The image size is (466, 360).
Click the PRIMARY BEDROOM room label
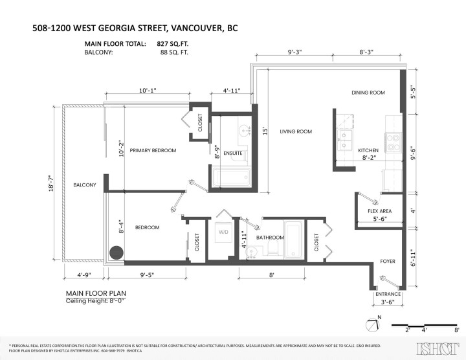(153, 150)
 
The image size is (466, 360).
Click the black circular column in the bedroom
(116, 253)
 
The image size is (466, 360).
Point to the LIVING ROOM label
(296, 131)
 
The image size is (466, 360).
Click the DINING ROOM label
(368, 93)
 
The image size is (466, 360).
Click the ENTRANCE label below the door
(388, 294)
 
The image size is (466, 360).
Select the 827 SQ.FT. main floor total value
(173, 44)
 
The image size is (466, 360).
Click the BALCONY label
(84, 185)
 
